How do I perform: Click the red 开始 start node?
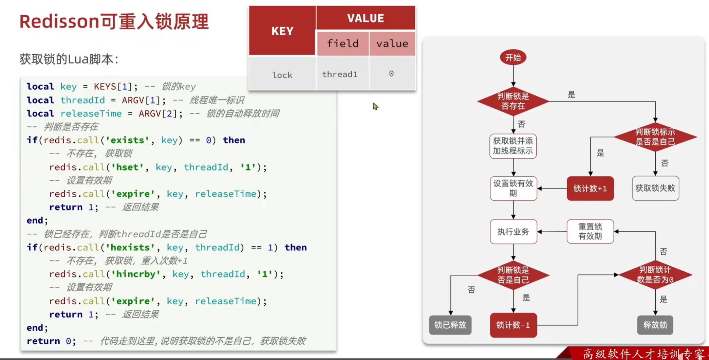[513, 58]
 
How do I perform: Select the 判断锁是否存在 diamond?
[513, 101]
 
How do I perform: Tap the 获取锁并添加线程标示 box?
[513, 146]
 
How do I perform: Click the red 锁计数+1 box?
[590, 188]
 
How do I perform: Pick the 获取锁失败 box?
[655, 188]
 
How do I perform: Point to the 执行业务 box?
[513, 232]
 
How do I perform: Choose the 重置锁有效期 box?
[590, 232]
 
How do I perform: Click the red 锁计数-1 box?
[513, 325]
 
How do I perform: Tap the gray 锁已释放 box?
[450, 325]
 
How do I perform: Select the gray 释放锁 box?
[655, 325]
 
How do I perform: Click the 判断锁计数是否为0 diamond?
[655, 275]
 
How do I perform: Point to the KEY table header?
[282, 31]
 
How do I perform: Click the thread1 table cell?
[340, 74]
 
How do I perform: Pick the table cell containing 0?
[391, 74]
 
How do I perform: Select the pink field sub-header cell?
[342, 43]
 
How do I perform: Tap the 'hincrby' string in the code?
[136, 274]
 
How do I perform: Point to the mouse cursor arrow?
[375, 106]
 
